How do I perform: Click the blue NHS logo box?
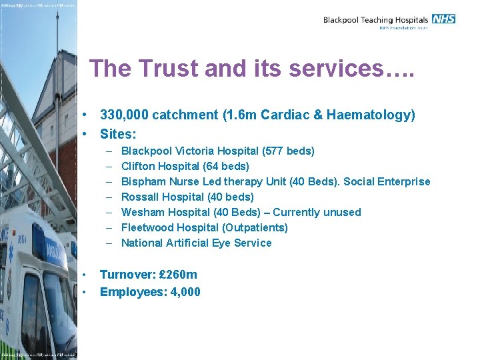(x=443, y=19)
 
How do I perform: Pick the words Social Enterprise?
(x=387, y=182)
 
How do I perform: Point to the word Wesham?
(x=141, y=213)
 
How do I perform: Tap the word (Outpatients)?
(x=252, y=228)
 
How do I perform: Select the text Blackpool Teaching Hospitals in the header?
(x=375, y=20)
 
